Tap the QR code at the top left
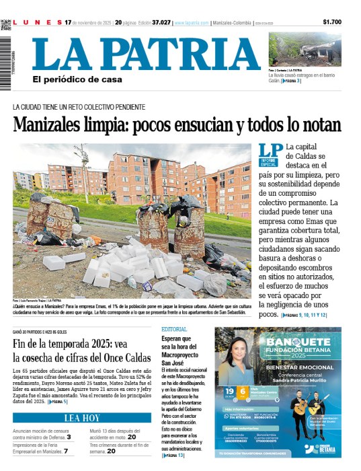point(6,25)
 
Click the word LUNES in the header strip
point(37,22)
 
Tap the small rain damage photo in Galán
point(305,49)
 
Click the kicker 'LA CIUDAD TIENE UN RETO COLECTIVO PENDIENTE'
point(79,107)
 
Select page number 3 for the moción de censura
point(68,437)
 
